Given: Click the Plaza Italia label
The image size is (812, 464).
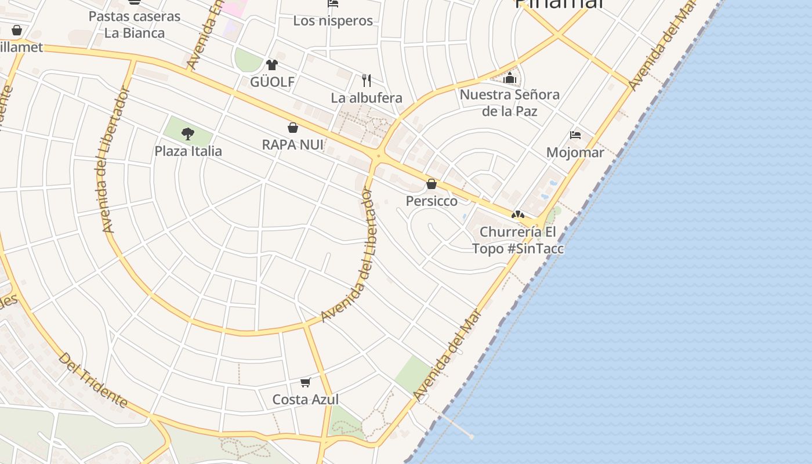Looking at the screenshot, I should (188, 151).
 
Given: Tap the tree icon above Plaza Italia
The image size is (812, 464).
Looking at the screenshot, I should (187, 134).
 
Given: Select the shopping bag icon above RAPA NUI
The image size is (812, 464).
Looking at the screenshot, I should (293, 128).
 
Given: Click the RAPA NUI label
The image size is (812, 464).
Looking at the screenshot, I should (293, 144).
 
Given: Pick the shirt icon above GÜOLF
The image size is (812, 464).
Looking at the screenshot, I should (272, 64).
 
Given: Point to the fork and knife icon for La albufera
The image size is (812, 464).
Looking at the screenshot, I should (367, 80).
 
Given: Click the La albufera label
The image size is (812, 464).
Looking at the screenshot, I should (367, 98).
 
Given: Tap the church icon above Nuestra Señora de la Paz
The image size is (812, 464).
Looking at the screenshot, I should (510, 77).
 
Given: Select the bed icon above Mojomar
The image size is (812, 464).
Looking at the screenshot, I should (575, 135).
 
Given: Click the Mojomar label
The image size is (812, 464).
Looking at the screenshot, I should (575, 153).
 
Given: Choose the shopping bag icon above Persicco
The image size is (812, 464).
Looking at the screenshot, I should (431, 184).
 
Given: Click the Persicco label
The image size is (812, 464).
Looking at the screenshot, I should (431, 201).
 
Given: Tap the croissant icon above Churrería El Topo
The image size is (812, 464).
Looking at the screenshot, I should (518, 215).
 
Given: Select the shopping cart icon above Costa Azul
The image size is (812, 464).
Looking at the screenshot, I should (306, 382).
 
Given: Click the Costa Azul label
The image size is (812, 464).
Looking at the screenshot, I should (306, 400).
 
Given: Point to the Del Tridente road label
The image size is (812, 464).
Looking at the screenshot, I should (93, 380).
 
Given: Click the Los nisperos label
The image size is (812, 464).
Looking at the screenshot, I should (332, 21).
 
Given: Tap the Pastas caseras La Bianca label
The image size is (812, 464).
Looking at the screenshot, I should (135, 24).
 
